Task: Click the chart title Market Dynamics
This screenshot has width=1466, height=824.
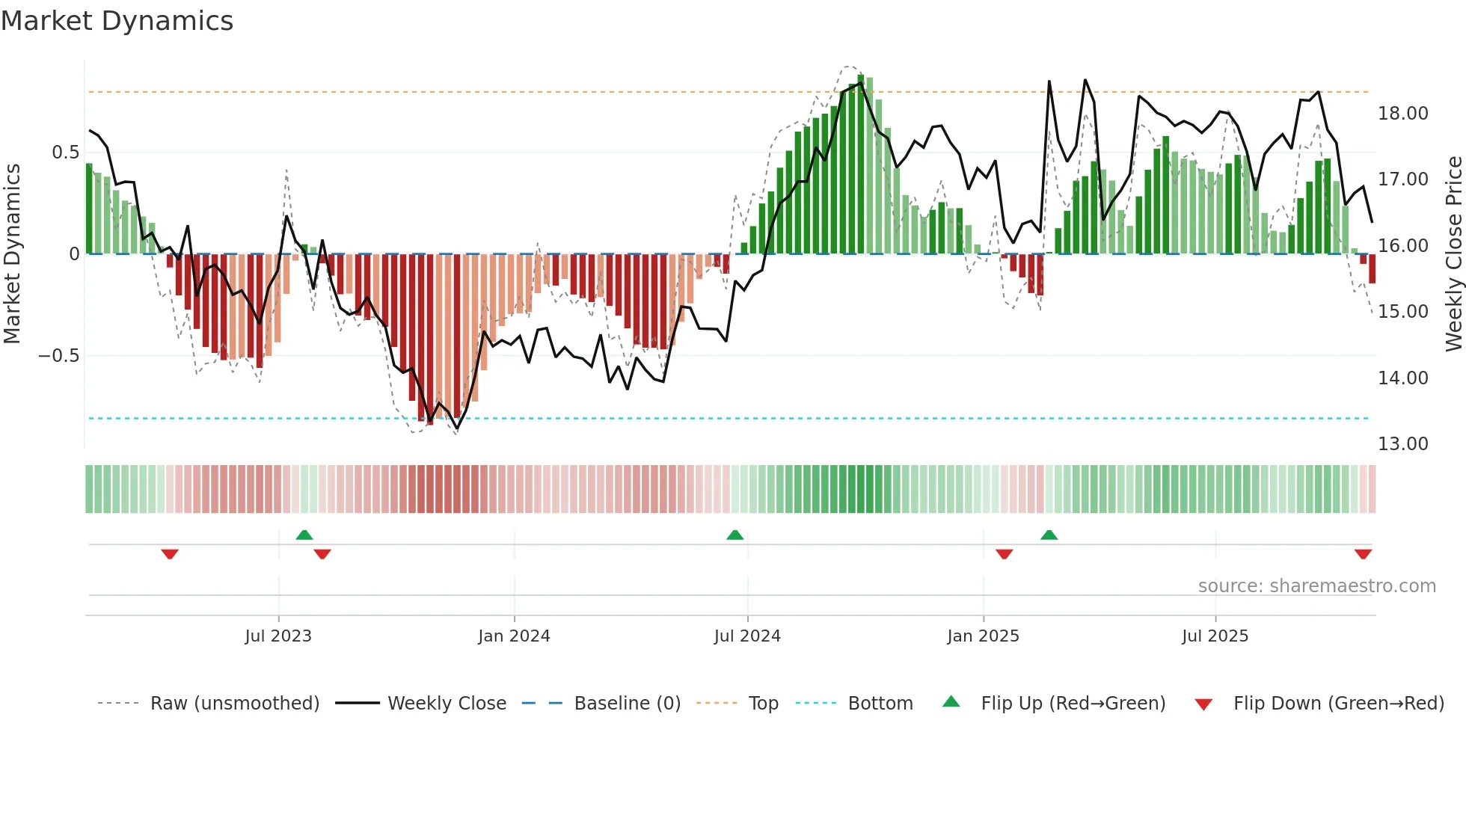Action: tap(117, 21)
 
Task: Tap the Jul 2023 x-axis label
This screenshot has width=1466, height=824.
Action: tap(278, 636)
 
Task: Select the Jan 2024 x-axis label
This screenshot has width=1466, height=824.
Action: tap(514, 636)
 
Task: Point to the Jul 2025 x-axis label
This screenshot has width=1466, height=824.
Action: tap(1215, 636)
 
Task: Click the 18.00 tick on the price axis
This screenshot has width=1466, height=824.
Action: tap(1402, 114)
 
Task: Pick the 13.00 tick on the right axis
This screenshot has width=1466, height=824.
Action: tap(1402, 444)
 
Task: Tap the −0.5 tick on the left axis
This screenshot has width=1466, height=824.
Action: tap(58, 356)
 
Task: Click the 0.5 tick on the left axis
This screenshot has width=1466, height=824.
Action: tap(65, 153)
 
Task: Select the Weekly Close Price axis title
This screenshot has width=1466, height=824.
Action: tap(1453, 254)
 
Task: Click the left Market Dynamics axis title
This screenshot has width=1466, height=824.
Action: tap(12, 254)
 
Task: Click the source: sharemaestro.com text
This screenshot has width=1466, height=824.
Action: tap(1316, 586)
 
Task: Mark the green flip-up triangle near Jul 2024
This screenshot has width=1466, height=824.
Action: tap(735, 535)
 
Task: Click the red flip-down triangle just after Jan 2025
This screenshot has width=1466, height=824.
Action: tap(1005, 554)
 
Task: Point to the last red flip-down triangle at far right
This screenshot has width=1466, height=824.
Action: tap(1363, 554)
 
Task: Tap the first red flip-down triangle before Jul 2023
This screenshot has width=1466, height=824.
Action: tap(170, 554)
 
